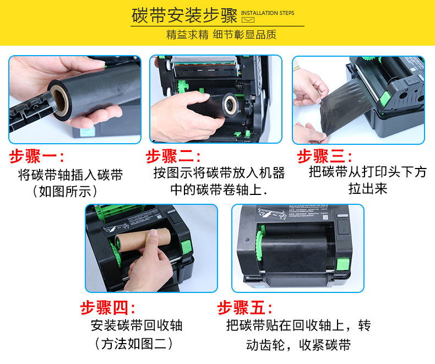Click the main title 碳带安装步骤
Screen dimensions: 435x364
[184, 15]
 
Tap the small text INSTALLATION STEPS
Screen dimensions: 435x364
[268, 13]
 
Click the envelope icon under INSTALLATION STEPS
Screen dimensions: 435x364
[248, 20]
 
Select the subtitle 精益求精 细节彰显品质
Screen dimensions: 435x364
[221, 35]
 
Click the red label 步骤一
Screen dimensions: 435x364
[37, 156]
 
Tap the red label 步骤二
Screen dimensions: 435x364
[173, 156]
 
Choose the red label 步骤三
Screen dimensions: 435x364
[324, 156]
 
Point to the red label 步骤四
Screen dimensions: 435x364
[108, 307]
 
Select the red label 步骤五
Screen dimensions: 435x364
[245, 307]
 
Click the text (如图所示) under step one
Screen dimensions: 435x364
[65, 191]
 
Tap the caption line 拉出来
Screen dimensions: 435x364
[368, 189]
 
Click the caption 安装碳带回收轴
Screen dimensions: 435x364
[137, 325]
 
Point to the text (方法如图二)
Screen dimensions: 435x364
[134, 344]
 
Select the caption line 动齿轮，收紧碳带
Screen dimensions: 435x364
[298, 345]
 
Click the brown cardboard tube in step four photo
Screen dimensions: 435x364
[143, 240]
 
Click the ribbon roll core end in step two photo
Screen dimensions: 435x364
[230, 105]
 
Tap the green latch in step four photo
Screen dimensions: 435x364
[186, 247]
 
